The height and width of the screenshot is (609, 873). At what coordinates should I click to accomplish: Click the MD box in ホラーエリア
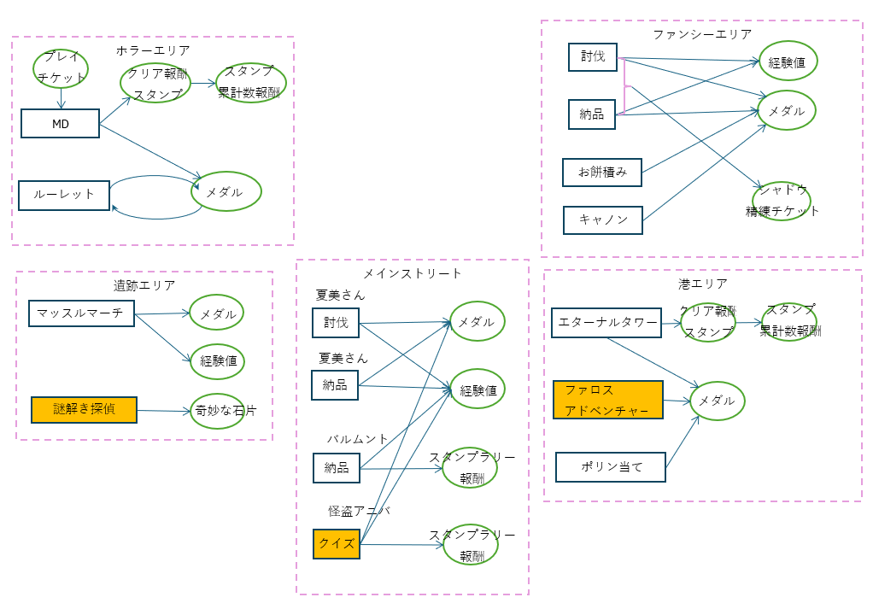[60, 123]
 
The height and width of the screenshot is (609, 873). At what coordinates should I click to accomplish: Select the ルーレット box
[64, 195]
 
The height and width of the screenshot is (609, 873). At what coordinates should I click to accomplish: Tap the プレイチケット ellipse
[62, 67]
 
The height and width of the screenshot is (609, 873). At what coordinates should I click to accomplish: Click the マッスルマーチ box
[81, 313]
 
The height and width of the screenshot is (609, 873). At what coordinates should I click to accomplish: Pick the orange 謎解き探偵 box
[84, 410]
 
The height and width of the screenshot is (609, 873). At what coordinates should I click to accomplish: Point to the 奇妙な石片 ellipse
[219, 411]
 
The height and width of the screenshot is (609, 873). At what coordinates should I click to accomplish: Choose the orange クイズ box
[337, 544]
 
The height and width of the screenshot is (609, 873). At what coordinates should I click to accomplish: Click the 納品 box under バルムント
[337, 467]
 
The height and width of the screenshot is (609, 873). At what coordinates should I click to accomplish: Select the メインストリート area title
[412, 273]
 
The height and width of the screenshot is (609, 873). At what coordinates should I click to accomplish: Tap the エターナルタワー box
[606, 322]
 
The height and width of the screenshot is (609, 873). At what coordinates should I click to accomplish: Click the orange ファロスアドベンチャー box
[608, 400]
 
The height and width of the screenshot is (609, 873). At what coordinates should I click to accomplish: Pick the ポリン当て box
[611, 467]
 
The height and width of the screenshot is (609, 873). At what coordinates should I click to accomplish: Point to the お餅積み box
[601, 172]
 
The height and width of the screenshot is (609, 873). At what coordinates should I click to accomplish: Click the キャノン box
[602, 220]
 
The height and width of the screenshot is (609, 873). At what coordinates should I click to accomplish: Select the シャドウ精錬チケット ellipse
[782, 201]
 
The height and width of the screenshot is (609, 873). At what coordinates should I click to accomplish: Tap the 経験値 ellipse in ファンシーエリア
[788, 61]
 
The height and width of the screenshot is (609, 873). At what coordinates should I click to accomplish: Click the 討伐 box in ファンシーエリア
[592, 57]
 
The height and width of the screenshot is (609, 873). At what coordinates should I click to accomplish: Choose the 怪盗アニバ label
[359, 511]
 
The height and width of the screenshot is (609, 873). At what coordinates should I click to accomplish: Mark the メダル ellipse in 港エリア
[717, 401]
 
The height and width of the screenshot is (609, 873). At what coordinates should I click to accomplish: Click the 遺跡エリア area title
[144, 285]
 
